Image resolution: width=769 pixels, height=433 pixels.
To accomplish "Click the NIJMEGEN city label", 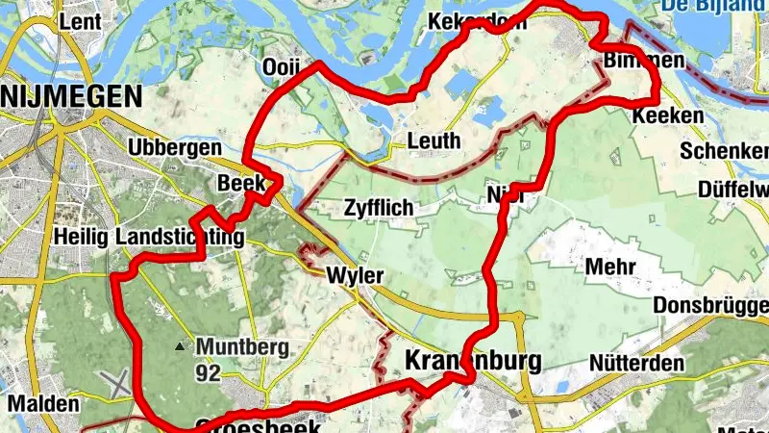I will [72, 95].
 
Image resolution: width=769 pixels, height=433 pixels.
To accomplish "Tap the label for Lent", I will [80, 20].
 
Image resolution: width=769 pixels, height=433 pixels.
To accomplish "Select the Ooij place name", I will [282, 67].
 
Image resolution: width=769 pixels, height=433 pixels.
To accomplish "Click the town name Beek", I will [240, 183].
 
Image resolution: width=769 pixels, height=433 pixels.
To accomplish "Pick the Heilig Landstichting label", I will [150, 236].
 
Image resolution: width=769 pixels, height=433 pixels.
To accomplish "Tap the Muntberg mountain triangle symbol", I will [180, 345].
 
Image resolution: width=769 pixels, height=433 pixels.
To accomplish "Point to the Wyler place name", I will [355, 276].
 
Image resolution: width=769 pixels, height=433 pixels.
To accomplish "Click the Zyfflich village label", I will [378, 208].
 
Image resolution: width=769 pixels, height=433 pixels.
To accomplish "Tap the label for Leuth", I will [434, 140].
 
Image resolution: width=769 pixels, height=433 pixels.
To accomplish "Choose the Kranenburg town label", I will [474, 361].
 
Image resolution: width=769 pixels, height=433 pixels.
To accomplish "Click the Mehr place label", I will [612, 266].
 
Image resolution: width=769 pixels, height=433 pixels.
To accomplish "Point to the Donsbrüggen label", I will [710, 305].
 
